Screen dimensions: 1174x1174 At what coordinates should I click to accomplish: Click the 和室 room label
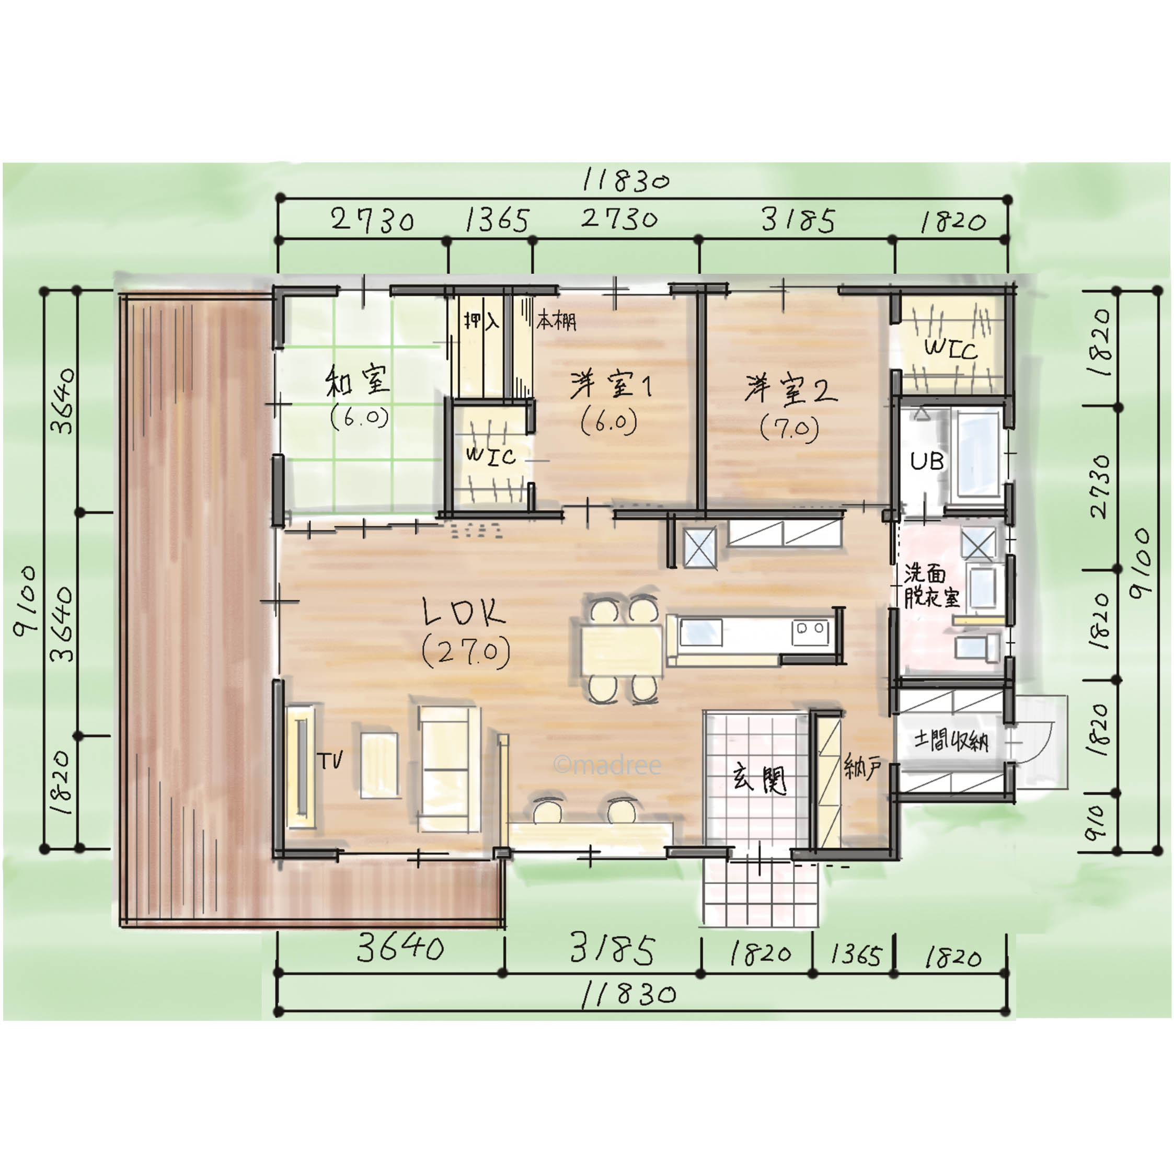pyautogui.click(x=358, y=381)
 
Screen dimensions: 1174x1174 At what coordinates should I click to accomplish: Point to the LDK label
pyautogui.click(x=464, y=612)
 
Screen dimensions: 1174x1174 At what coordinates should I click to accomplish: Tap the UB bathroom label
pyautogui.click(x=927, y=461)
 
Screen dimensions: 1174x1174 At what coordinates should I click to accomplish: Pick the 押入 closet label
pyautogui.click(x=481, y=320)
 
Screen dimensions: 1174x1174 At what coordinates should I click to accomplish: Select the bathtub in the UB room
pyautogui.click(x=979, y=453)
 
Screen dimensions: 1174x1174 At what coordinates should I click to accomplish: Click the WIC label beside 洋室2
pyautogui.click(x=950, y=349)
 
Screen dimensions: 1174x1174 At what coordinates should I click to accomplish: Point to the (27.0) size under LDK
pyautogui.click(x=466, y=651)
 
